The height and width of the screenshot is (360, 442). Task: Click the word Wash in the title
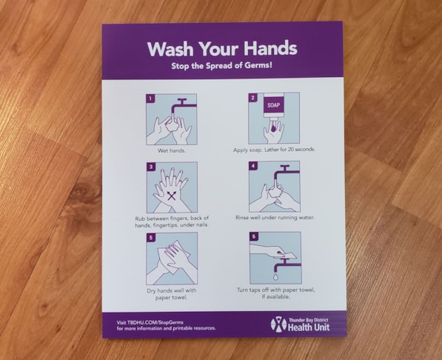(170, 49)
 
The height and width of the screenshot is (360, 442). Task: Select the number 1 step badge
(150, 99)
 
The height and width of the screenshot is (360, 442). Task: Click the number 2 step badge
(253, 98)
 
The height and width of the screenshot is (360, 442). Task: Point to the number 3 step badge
(151, 167)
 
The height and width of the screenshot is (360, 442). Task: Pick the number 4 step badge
(253, 166)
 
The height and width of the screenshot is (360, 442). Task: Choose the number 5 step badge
(151, 237)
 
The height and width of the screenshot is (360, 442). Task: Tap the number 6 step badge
(254, 236)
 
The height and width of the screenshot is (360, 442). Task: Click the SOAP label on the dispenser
(273, 105)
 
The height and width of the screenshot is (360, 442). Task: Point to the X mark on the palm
(171, 196)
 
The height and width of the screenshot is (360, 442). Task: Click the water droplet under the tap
(275, 276)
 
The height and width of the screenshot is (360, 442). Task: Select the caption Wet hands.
(172, 150)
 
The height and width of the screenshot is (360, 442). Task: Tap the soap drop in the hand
(273, 128)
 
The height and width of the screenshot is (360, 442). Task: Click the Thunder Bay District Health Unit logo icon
(278, 324)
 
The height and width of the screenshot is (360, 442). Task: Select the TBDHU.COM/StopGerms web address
(155, 322)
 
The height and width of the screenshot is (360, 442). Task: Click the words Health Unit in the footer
(309, 327)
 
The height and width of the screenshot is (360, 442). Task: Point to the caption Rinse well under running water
(275, 218)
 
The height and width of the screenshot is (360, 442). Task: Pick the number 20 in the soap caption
(290, 149)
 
